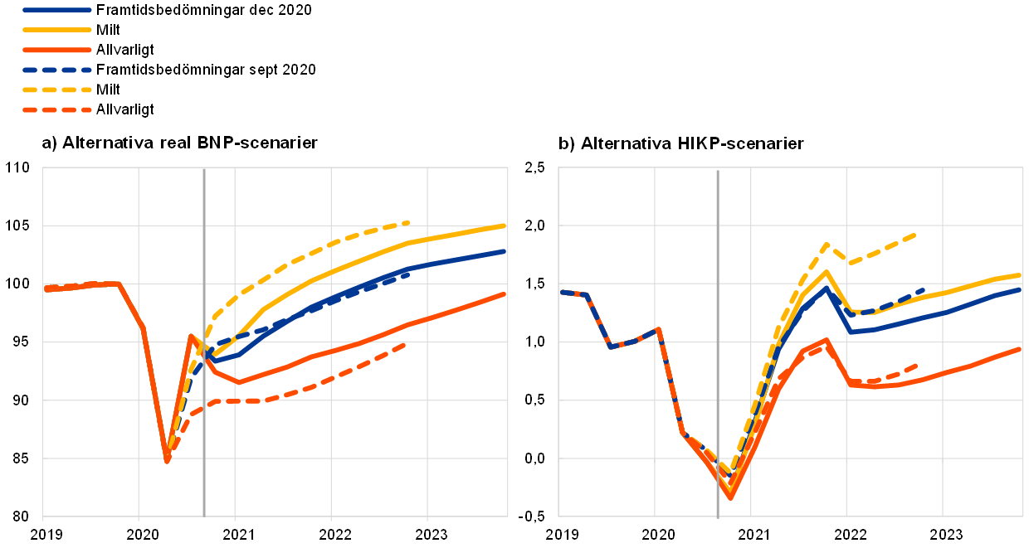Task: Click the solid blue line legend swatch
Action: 56,10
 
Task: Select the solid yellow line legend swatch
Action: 56,30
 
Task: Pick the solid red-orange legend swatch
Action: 56,50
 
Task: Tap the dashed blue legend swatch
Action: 56,70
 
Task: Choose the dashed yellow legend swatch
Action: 56,90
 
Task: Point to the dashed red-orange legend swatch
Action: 56,109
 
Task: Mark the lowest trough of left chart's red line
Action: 167,460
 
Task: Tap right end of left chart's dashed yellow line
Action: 408,222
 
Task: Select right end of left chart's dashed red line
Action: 405,343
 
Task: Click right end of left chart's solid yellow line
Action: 504,226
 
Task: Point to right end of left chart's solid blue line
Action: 504,251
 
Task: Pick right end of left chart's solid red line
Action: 504,294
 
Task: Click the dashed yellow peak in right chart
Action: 827,245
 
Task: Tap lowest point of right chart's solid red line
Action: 731,497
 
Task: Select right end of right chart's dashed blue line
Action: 923,290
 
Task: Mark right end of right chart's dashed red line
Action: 915,365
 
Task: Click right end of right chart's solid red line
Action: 1019,349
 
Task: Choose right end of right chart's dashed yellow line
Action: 914,235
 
